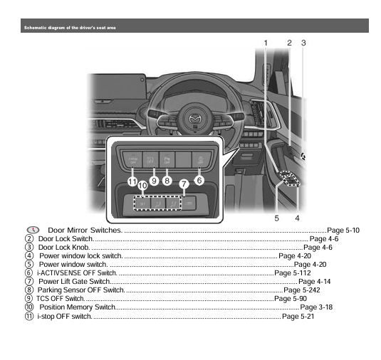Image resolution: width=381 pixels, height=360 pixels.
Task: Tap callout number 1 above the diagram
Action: point(266,43)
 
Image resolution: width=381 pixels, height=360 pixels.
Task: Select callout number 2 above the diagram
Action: point(290,43)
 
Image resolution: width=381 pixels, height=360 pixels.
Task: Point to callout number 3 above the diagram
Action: point(303,43)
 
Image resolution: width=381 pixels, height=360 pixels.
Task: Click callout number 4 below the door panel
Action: point(297,217)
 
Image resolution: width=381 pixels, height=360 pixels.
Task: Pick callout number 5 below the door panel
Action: point(276,217)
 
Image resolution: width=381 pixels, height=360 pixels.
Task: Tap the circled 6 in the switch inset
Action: point(199,181)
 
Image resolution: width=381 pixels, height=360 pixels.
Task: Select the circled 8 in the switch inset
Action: point(167,181)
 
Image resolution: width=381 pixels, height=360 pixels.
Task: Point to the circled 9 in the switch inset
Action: point(154,181)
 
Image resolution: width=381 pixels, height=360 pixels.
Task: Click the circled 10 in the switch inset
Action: point(142,186)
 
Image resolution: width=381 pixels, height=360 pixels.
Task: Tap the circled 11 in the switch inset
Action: point(132,181)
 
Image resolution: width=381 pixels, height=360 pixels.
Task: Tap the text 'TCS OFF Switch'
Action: point(60,299)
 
